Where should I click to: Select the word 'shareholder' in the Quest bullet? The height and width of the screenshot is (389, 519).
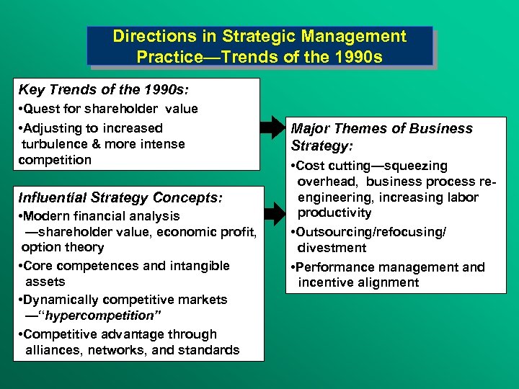tap(123, 109)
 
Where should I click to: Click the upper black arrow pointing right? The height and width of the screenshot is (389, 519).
tap(273, 128)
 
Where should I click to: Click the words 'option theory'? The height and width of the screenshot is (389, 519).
tap(63, 247)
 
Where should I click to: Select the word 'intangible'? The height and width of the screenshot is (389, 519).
tap(196, 266)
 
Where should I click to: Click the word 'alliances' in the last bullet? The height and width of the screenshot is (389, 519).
tap(53, 350)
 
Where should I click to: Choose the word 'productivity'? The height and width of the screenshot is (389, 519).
tap(334, 213)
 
